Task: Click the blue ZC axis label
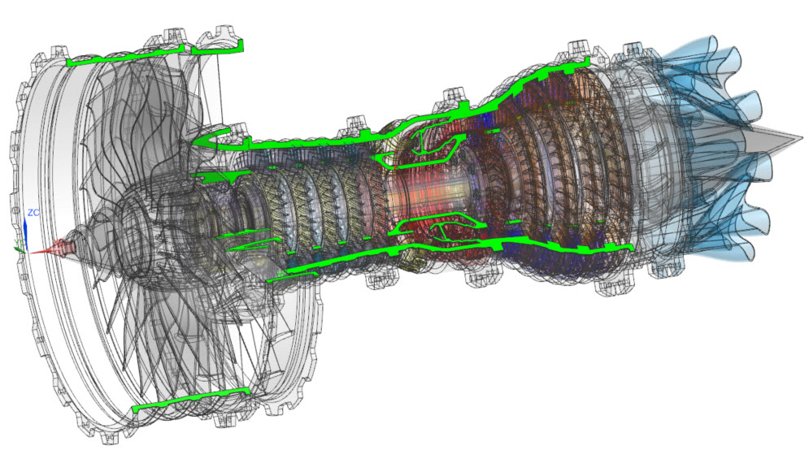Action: [x=33, y=212]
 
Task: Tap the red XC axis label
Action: [x=58, y=241]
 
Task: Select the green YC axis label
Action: [x=19, y=242]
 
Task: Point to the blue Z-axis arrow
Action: [x=25, y=232]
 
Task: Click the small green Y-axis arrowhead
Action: [x=19, y=249]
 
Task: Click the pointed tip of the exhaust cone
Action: [x=802, y=138]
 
